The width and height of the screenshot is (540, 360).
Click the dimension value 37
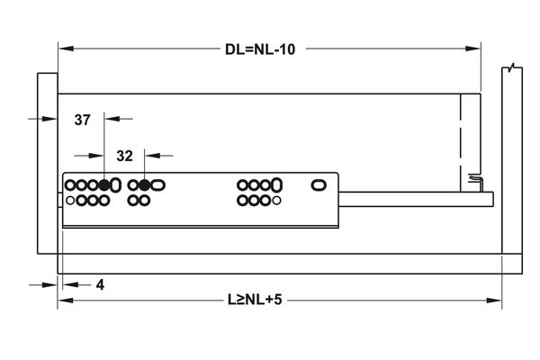tap(83, 120)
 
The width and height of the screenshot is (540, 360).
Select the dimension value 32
tap(125, 156)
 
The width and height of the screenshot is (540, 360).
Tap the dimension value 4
tap(100, 284)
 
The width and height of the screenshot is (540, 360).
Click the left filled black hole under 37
tap(104, 185)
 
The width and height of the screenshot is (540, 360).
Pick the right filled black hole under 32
tap(144, 185)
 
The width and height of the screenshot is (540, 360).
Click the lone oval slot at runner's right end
tap(319, 185)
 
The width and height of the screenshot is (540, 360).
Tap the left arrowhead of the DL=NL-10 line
tap(63, 49)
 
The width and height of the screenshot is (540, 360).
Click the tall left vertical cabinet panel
tap(46, 162)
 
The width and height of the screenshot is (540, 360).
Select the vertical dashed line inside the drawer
tap(461, 135)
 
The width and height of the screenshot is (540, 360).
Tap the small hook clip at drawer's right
tap(474, 183)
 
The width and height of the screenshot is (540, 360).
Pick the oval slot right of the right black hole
tap(158, 185)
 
